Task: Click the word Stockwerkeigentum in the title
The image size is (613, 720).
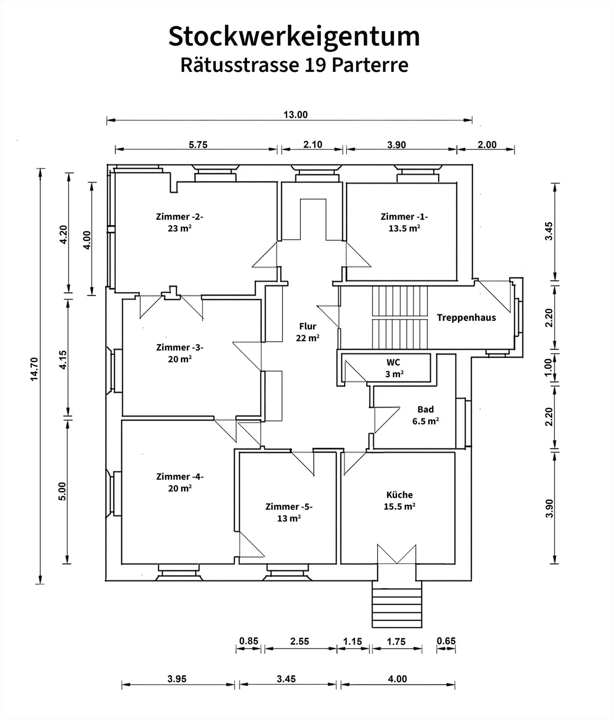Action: tap(294, 37)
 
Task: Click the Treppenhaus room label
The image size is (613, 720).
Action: tap(466, 318)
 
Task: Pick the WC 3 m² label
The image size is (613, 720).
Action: tap(394, 368)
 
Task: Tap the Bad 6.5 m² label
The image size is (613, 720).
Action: tap(426, 415)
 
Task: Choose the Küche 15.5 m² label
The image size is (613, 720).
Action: tap(399, 500)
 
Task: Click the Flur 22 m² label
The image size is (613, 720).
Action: tap(308, 332)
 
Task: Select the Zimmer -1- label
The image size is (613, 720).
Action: tap(404, 216)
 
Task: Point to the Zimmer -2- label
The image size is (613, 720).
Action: tap(180, 216)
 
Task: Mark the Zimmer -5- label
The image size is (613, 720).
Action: tap(289, 507)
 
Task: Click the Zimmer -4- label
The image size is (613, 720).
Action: tap(180, 477)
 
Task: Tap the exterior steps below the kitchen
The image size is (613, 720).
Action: tap(397, 604)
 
